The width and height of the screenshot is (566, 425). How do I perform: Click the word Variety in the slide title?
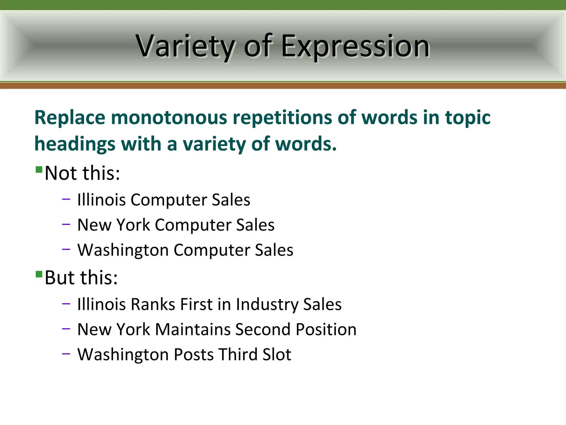[185, 46]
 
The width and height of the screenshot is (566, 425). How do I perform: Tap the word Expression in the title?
[355, 46]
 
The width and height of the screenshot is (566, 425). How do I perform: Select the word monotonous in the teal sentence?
[169, 118]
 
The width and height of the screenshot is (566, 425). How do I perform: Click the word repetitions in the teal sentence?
[282, 118]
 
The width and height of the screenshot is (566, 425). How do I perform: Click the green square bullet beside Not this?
[39, 169]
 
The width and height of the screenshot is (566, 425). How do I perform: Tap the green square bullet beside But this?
[39, 274]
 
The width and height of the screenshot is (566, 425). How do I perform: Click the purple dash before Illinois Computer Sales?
[66, 199]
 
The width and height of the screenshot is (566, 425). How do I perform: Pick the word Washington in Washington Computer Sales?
[123, 250]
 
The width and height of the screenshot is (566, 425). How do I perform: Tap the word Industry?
[267, 304]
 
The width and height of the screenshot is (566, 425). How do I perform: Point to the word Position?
[326, 330]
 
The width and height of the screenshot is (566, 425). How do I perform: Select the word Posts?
[194, 355]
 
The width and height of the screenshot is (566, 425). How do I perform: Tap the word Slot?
[277, 355]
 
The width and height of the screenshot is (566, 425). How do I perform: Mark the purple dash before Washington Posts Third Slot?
[66, 354]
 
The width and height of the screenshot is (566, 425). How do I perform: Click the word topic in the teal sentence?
[468, 118]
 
